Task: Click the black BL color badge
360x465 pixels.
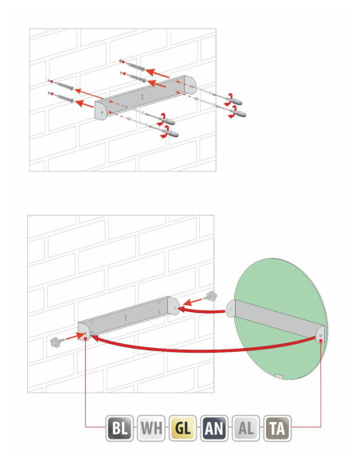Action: coord(119,428)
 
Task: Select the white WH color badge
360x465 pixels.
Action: coord(151,428)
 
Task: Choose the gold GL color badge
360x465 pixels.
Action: coord(182,428)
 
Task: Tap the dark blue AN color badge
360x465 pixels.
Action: coord(214,428)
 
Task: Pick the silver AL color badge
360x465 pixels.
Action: coord(246,428)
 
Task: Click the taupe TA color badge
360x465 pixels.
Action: coord(277,428)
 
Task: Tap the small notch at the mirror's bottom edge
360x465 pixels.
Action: coord(279,377)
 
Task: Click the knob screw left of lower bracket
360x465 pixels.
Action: coord(56,342)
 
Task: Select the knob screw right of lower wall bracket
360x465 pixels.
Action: coord(211,296)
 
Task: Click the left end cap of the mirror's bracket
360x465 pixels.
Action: coord(231,309)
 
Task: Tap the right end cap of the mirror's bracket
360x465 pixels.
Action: coord(320,334)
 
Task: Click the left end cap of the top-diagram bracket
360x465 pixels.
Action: coord(100,110)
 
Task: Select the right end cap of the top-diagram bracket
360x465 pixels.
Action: coord(190,84)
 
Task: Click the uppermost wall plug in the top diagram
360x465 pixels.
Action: coord(132,65)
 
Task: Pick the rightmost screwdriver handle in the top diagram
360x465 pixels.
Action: coord(239,113)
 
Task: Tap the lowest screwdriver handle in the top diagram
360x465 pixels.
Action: coord(171,133)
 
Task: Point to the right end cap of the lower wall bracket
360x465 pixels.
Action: coord(174,306)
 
